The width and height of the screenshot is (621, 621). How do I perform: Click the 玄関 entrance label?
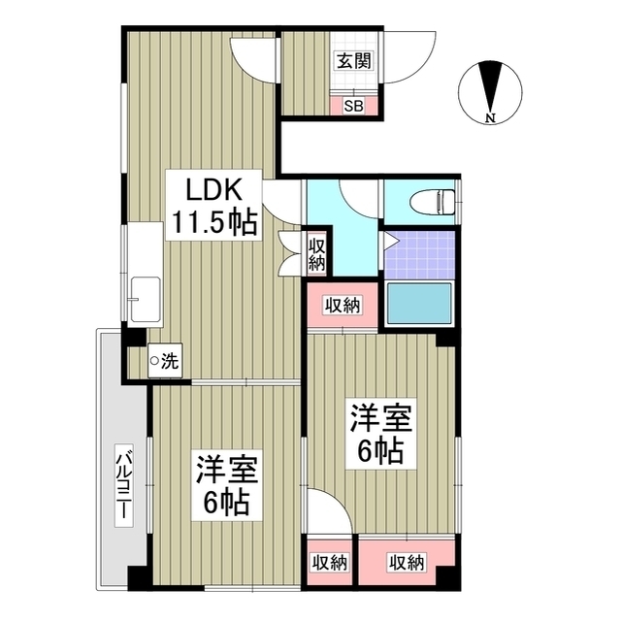[x=353, y=59]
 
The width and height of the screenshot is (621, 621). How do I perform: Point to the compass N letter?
[x=491, y=119]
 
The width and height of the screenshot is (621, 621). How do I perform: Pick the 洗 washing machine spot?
[x=164, y=363]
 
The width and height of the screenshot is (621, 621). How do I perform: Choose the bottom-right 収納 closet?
[x=406, y=562]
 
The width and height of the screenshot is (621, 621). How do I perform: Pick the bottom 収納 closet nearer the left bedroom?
[x=330, y=562]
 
